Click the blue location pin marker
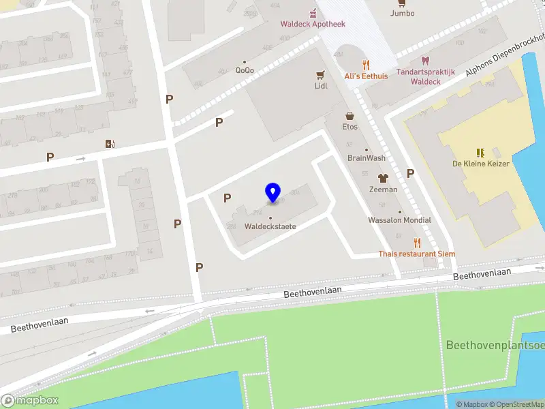272,192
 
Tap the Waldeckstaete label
270,226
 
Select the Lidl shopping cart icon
320,74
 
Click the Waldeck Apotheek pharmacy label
313,24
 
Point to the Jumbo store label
402,13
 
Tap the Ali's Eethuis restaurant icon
366,65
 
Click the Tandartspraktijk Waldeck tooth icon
426,61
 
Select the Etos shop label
350,127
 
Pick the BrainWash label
367,158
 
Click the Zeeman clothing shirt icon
383,178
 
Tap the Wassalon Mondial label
399,220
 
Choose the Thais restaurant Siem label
417,254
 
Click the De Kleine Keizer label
481,164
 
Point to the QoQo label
245,70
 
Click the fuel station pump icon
110,143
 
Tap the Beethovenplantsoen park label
495,345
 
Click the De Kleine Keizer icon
481,152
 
